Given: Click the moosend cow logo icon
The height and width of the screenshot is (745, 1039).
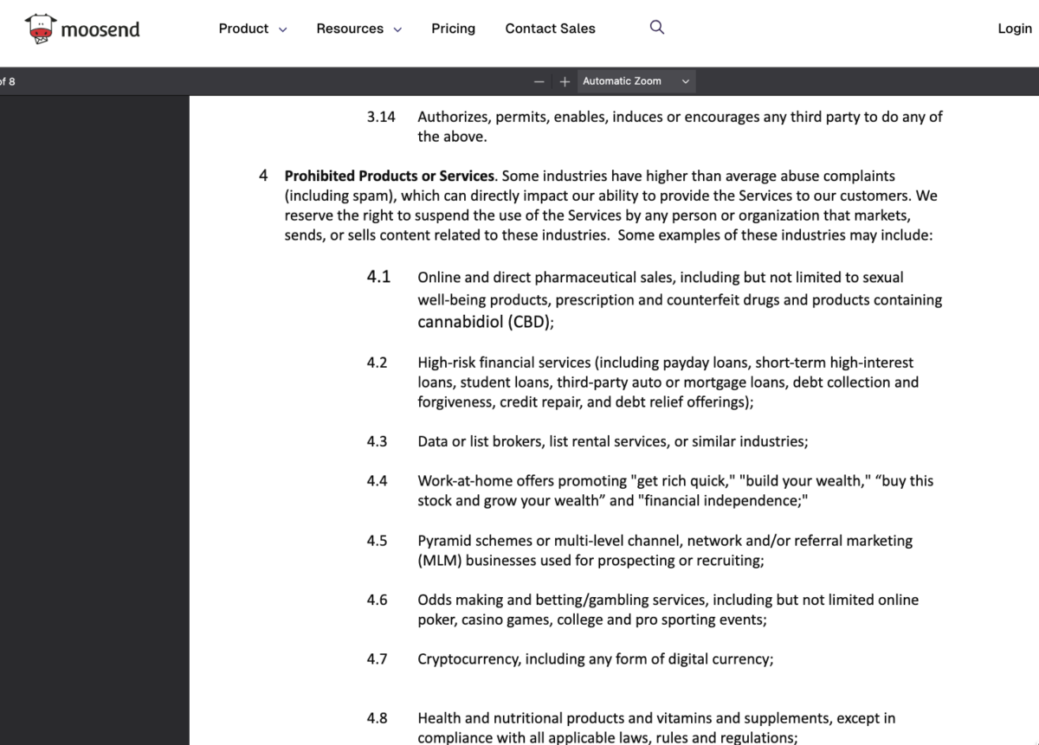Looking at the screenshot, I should pyautogui.click(x=40, y=29).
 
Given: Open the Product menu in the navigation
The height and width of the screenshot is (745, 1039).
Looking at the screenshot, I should pyautogui.click(x=252, y=29).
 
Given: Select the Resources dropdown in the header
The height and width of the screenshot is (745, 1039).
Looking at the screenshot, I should pyautogui.click(x=358, y=29).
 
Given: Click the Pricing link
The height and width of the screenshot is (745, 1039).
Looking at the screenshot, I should pyautogui.click(x=453, y=29).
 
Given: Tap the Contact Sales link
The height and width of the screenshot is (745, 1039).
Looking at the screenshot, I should pyautogui.click(x=550, y=29).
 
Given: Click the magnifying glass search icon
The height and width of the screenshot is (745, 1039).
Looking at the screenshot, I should pyautogui.click(x=657, y=28).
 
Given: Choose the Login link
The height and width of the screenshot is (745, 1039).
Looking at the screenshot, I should pyautogui.click(x=1014, y=29).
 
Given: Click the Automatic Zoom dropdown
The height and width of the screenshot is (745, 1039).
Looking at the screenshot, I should pyautogui.click(x=636, y=81).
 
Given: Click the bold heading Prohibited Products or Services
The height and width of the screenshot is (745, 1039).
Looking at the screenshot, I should pyautogui.click(x=390, y=176).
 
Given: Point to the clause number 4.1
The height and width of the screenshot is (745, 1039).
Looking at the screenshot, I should pyautogui.click(x=378, y=277).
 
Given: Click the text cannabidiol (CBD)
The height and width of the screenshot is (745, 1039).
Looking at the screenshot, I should pyautogui.click(x=485, y=322).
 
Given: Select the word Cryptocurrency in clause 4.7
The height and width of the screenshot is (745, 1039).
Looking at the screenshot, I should pyautogui.click(x=469, y=659).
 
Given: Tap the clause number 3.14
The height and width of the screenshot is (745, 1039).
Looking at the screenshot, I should pyautogui.click(x=381, y=117).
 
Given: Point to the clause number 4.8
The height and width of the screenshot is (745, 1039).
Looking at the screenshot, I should pyautogui.click(x=377, y=718).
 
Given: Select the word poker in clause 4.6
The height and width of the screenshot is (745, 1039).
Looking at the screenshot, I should pyautogui.click(x=436, y=620).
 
